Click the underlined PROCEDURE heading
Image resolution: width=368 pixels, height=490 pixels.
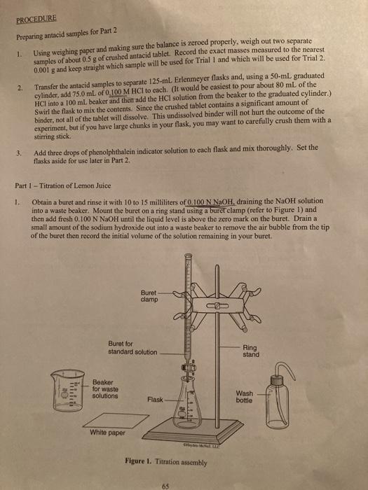[x=36, y=19]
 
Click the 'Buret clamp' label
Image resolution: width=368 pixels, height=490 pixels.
[x=149, y=296]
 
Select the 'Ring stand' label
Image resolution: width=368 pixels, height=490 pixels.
[x=251, y=351]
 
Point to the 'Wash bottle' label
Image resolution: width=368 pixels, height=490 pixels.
[x=245, y=397]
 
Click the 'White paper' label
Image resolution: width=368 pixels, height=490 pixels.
[x=107, y=433]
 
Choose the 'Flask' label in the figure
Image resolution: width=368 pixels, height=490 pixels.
[x=155, y=400]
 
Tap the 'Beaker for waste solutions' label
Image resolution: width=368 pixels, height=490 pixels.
[x=105, y=389]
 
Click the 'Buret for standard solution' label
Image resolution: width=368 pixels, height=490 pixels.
[x=132, y=347]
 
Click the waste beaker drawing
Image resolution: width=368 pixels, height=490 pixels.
[x=67, y=391]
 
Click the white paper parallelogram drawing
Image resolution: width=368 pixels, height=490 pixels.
[x=116, y=421]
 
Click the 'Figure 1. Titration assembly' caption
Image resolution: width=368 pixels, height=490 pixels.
[x=166, y=461]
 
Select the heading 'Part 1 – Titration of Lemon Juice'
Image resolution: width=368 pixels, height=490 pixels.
[x=63, y=185]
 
